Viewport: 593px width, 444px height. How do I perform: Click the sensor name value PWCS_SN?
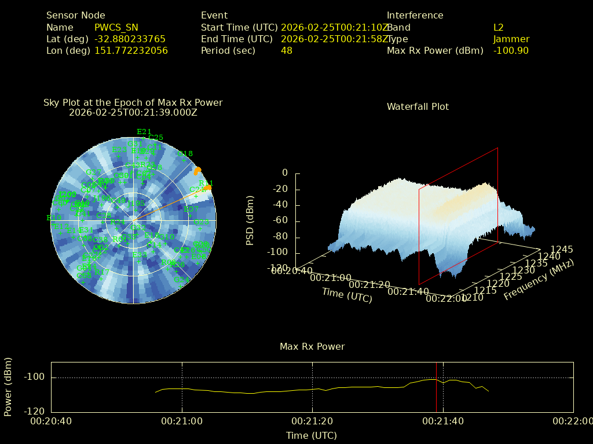116,27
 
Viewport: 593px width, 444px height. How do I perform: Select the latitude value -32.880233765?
130,39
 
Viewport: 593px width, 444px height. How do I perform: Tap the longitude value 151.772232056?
131,50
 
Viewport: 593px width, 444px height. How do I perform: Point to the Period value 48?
287,50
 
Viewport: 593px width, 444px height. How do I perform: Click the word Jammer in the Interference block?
511,39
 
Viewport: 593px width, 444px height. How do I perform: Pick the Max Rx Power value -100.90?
511,50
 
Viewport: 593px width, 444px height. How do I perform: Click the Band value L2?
499,27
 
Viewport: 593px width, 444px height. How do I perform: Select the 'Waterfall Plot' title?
418,106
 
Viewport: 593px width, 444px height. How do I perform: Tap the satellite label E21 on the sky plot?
144,131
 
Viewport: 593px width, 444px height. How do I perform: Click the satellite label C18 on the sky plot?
185,153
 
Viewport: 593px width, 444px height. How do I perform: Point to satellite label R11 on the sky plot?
206,183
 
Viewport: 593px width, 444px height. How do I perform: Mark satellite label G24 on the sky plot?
181,279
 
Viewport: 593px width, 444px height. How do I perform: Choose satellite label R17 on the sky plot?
102,272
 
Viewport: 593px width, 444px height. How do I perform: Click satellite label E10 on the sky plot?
54,217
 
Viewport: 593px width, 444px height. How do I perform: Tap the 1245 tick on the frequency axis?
562,250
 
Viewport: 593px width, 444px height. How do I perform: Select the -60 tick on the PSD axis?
280,221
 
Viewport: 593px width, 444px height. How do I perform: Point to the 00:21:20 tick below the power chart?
312,421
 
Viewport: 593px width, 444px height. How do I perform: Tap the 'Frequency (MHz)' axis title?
539,280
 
